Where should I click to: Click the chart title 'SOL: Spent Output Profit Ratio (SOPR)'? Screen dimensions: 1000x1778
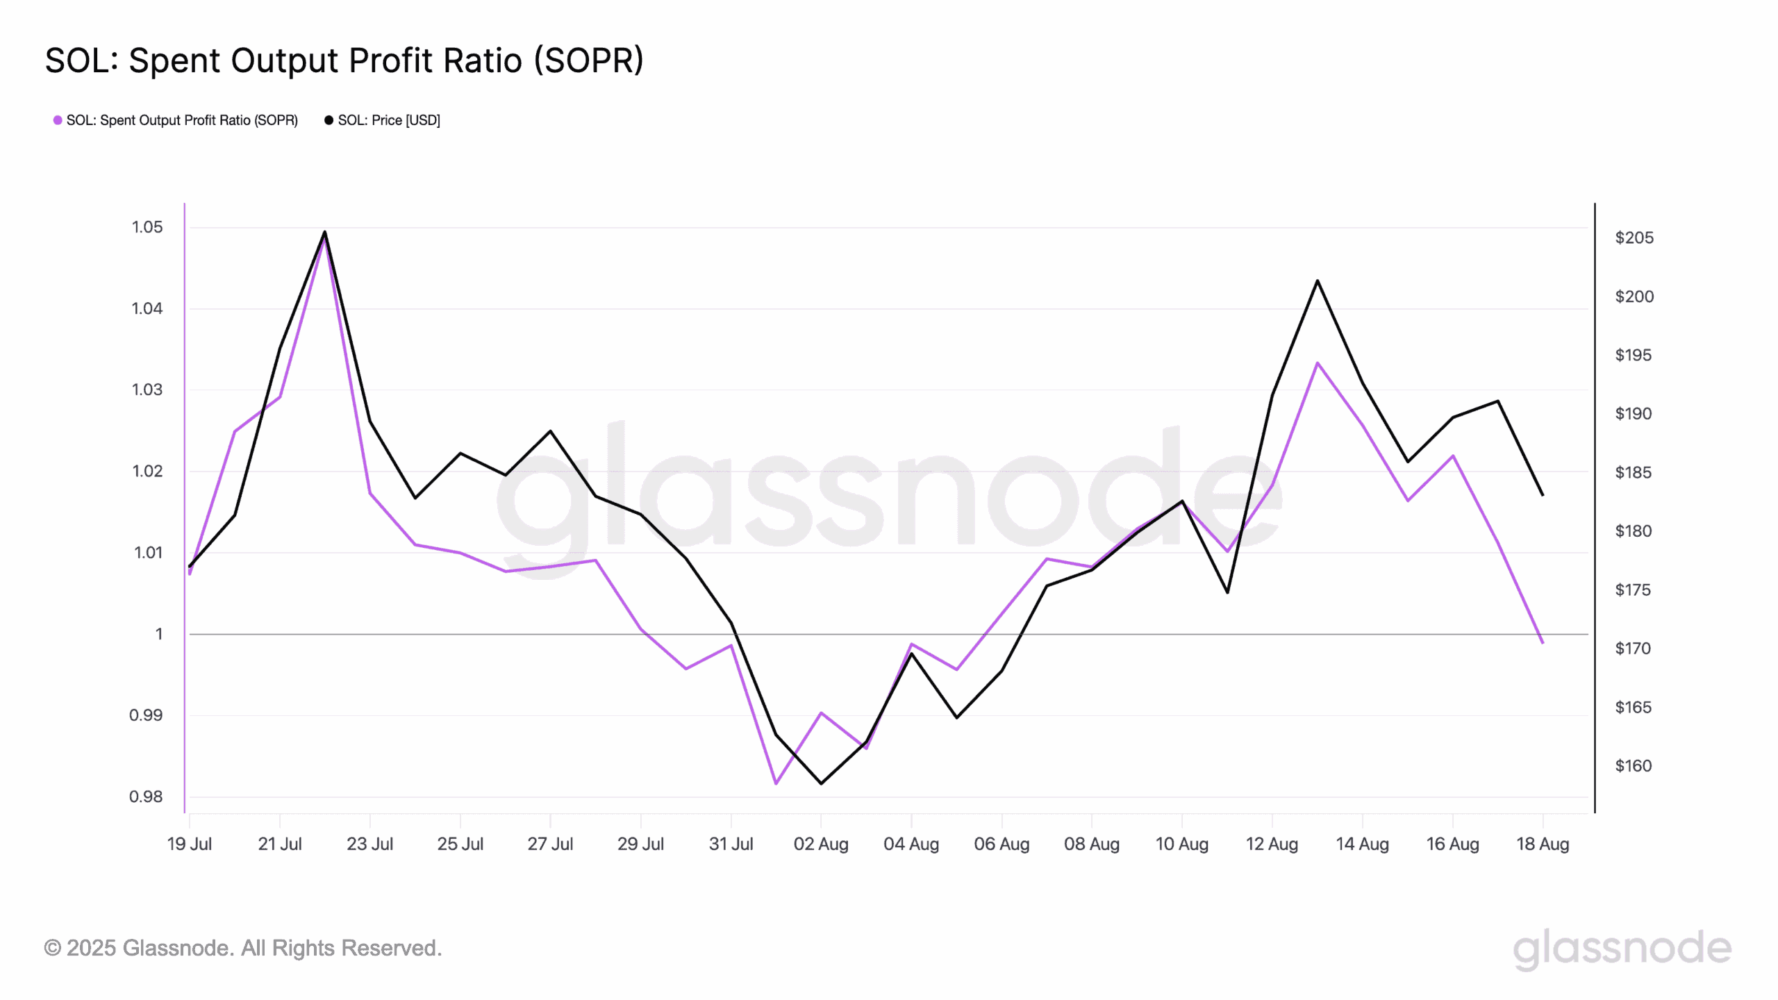click(x=344, y=60)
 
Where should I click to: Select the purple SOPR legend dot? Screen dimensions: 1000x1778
click(x=58, y=120)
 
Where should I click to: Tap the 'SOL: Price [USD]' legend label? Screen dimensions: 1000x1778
click(x=389, y=120)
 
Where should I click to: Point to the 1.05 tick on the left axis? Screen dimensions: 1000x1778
click(x=147, y=227)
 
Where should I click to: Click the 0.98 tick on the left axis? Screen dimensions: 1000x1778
click(x=146, y=797)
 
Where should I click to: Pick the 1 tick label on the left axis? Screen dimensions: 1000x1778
click(x=159, y=634)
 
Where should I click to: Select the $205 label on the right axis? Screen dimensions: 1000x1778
click(x=1634, y=238)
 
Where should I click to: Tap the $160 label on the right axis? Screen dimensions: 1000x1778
click(x=1634, y=766)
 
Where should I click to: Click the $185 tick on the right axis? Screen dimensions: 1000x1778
click(x=1634, y=473)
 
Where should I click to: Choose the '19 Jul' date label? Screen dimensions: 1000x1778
click(x=190, y=844)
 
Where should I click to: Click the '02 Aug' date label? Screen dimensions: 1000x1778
click(x=821, y=844)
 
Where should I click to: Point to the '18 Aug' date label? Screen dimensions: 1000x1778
click(x=1543, y=844)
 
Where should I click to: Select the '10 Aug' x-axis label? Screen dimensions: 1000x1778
click(x=1181, y=844)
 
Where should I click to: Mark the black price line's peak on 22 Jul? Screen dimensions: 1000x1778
click(x=324, y=232)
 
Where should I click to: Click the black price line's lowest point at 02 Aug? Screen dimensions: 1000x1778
click(x=821, y=783)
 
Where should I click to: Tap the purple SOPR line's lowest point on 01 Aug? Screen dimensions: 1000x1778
click(x=776, y=783)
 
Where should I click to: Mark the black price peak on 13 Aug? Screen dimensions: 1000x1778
click(x=1317, y=281)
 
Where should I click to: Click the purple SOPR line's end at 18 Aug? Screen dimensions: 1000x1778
click(x=1543, y=642)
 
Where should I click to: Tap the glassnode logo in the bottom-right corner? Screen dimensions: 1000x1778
click(x=1622, y=949)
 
